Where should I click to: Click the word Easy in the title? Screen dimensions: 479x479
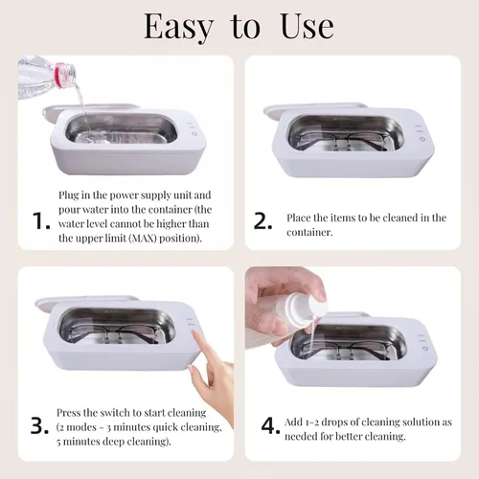click(178, 28)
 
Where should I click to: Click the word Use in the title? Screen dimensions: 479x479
click(308, 27)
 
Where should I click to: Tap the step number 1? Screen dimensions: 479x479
click(41, 221)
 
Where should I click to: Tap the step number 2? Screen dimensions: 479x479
click(262, 221)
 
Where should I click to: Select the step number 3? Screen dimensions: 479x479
click(39, 425)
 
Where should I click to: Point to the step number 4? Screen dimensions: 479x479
click(270, 425)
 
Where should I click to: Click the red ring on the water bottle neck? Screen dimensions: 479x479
click(61, 75)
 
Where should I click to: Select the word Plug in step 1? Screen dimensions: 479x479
click(69, 195)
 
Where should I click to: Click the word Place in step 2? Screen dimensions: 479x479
click(299, 217)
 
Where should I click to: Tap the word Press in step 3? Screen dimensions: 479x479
click(68, 413)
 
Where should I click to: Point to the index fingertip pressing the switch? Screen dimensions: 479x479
click(194, 334)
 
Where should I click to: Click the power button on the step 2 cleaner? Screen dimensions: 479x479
click(422, 139)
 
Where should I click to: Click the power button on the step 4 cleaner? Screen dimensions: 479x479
click(425, 348)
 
